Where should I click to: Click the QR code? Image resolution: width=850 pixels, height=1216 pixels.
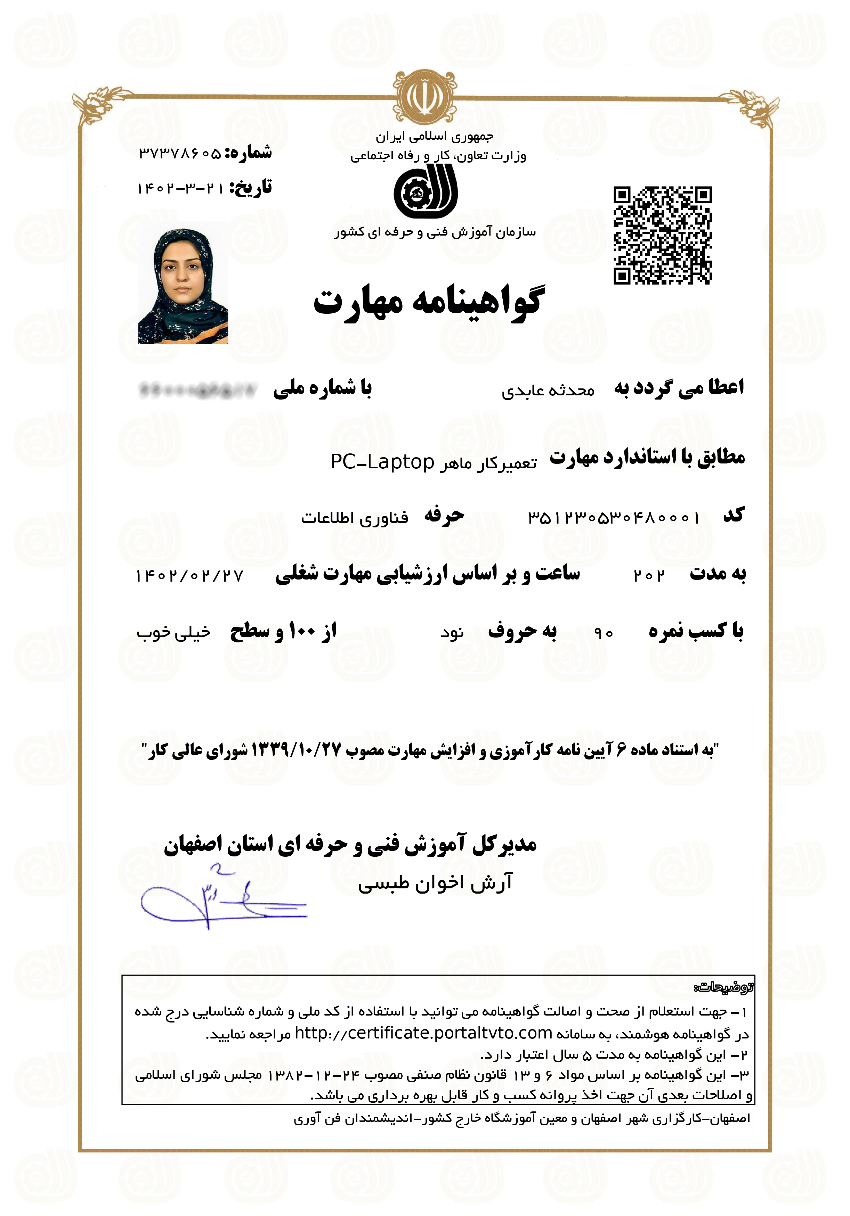coord(662,235)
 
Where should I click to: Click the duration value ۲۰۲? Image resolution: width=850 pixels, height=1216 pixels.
coord(649,576)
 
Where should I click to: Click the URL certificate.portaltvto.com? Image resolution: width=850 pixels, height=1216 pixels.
coord(423,1033)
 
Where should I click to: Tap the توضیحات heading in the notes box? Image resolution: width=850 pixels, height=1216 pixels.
coord(723,987)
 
